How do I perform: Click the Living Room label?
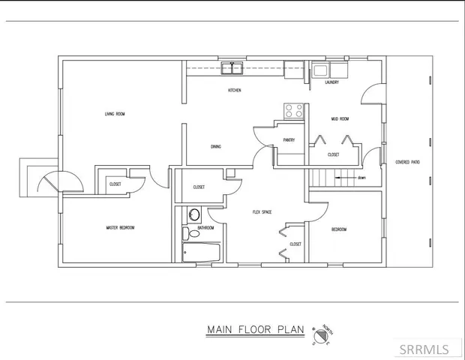pos(115,114)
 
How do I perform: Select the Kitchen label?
pos(234,91)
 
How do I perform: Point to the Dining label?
pos(215,146)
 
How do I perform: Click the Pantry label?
pos(288,140)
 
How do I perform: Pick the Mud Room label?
pos(340,118)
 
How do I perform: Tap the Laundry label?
pos(331,82)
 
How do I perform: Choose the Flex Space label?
pos(262,212)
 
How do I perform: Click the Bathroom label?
pos(205,227)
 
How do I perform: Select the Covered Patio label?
pos(406,162)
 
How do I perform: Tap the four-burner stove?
pos(294,111)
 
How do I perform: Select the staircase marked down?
pos(330,178)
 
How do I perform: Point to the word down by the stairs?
pos(361,178)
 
